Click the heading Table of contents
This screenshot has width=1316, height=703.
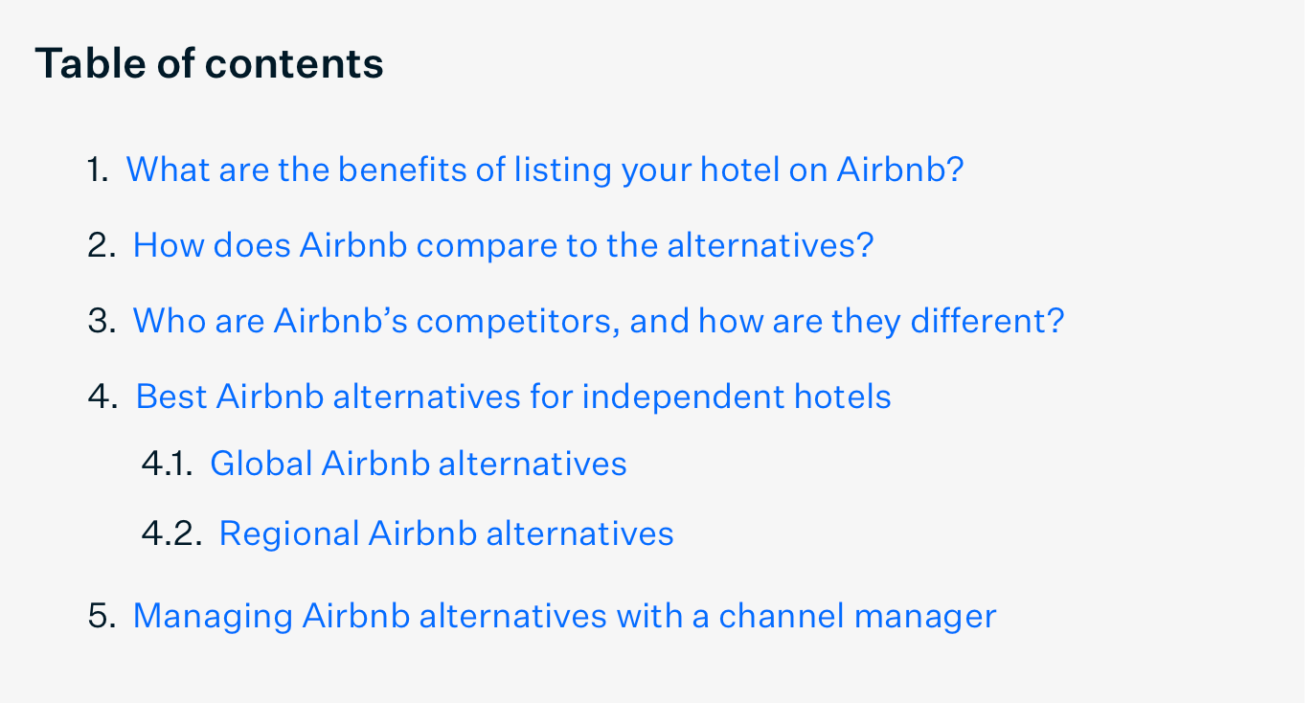(209, 63)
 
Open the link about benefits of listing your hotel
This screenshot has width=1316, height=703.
(545, 170)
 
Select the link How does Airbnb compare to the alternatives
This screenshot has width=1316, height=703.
(504, 245)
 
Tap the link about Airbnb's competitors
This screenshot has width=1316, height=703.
(599, 321)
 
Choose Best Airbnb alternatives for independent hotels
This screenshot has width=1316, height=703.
(513, 397)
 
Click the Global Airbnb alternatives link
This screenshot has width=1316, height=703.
(419, 464)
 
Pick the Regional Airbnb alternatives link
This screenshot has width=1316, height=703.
(446, 534)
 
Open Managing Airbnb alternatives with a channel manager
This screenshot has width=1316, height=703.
(564, 617)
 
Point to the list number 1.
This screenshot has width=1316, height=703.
(98, 170)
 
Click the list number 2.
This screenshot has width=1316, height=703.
(102, 245)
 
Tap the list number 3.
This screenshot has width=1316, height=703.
(102, 321)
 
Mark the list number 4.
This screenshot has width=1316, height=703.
(102, 397)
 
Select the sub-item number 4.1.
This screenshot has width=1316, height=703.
(168, 464)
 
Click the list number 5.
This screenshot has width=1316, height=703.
(102, 617)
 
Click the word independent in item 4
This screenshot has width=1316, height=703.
(683, 397)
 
